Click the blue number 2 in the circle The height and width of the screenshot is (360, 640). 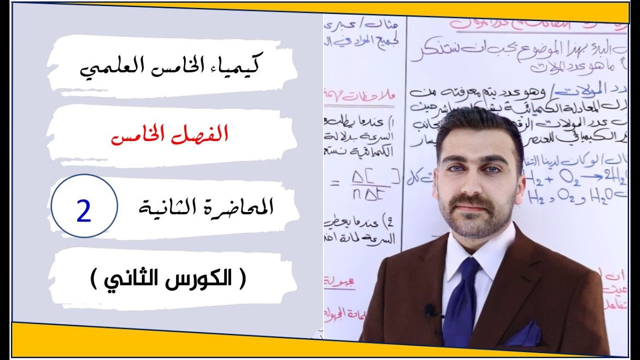84,212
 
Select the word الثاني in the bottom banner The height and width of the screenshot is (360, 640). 129,277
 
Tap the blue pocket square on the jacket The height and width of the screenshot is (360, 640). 523,334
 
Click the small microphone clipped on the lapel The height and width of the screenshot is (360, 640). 430,311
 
